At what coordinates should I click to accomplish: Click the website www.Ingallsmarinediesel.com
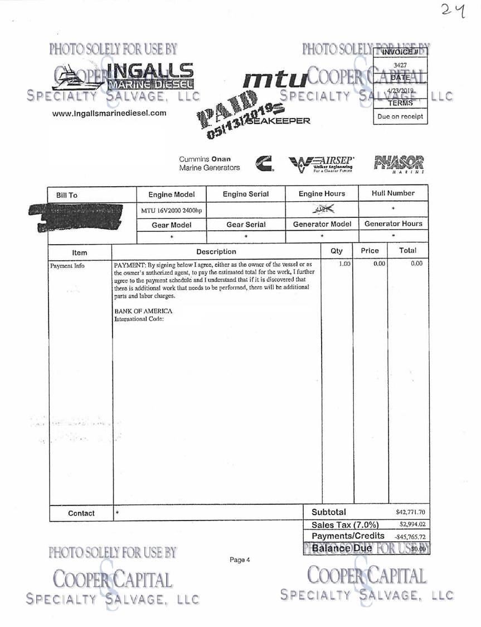pyautogui.click(x=109, y=113)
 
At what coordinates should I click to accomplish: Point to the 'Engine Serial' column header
pyautogui.click(x=245, y=194)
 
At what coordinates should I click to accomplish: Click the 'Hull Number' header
pyautogui.click(x=393, y=193)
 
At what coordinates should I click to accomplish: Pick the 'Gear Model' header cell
pyautogui.click(x=171, y=225)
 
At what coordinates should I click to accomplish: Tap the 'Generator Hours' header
pyautogui.click(x=393, y=224)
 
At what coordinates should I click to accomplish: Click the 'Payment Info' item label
pyautogui.click(x=67, y=265)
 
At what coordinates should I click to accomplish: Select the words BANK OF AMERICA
pyautogui.click(x=143, y=311)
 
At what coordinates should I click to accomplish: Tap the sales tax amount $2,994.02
pyautogui.click(x=412, y=524)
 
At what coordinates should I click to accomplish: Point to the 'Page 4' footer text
pyautogui.click(x=240, y=560)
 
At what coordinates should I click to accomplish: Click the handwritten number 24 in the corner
pyautogui.click(x=453, y=10)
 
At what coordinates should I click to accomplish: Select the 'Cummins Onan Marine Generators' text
pyautogui.click(x=210, y=163)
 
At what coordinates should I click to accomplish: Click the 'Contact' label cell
pyautogui.click(x=81, y=513)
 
